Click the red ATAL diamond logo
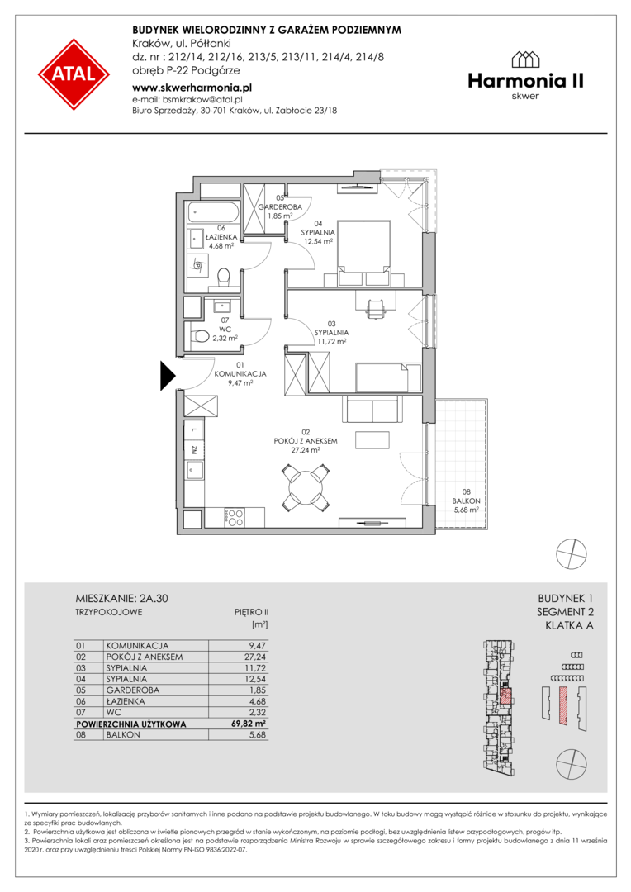74,74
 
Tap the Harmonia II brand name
526,81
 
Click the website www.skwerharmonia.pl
192,88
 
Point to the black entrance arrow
168,376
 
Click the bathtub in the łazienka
215,215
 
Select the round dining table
306,487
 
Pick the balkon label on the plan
466,501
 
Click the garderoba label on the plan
280,207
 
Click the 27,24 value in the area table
254,657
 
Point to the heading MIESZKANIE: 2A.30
121,599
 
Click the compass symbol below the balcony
571,553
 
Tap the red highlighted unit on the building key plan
505,695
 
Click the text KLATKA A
569,626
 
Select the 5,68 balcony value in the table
257,735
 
